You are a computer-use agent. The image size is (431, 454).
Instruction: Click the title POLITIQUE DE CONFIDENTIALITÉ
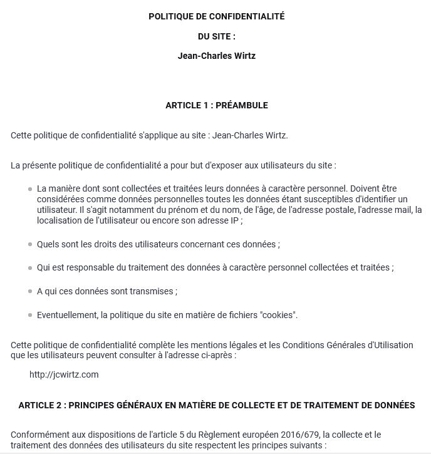click(x=216, y=16)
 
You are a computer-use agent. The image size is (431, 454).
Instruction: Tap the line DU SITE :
click(x=216, y=36)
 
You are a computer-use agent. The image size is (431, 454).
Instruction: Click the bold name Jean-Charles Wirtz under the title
click(x=216, y=56)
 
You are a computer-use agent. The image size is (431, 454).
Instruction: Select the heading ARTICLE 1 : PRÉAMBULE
click(x=216, y=105)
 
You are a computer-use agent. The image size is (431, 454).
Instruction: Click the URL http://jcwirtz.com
click(x=64, y=374)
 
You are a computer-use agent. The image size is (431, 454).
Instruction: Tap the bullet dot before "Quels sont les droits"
click(x=30, y=244)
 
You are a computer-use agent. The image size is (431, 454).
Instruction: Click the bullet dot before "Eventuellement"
click(x=30, y=315)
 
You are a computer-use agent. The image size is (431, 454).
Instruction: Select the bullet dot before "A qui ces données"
click(x=30, y=292)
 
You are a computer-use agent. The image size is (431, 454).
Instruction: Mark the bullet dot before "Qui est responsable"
click(x=30, y=268)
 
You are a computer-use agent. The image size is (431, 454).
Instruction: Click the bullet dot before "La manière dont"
click(x=30, y=188)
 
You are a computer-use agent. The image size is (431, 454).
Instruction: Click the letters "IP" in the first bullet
click(x=234, y=221)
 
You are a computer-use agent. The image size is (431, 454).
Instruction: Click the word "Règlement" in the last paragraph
click(x=228, y=434)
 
